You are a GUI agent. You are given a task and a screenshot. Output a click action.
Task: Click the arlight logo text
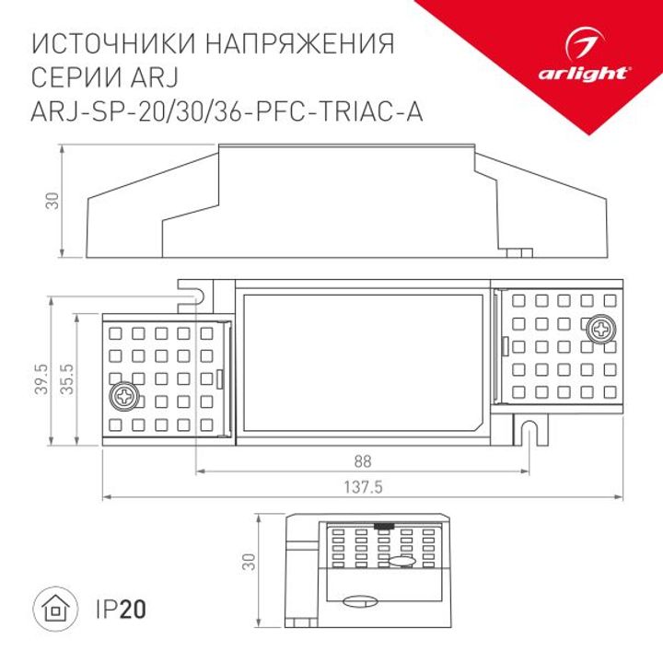point(598,72)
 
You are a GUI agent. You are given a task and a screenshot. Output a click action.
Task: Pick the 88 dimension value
point(366,458)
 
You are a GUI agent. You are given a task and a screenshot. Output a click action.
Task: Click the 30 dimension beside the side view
point(52,200)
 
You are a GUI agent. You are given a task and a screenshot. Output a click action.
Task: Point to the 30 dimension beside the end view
point(247,562)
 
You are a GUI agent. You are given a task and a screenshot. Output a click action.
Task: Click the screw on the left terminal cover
point(122,397)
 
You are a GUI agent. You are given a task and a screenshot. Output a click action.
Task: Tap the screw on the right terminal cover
point(601,328)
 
